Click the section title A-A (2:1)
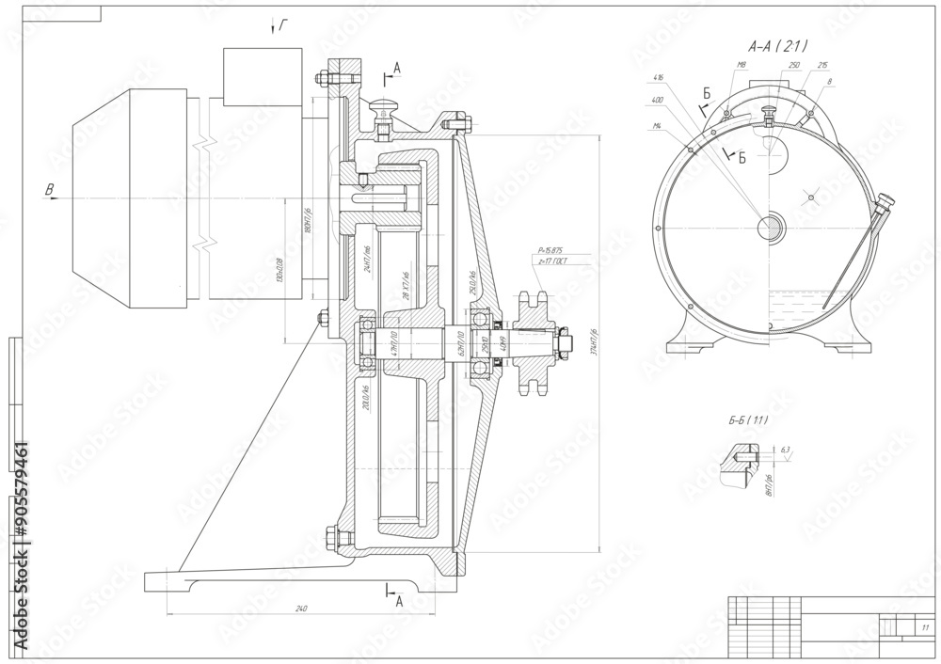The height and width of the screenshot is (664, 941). pos(778,45)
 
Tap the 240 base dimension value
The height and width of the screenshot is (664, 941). pos(301,609)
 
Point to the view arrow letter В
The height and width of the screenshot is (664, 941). pos(49,190)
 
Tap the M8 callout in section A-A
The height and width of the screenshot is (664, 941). pos(742,66)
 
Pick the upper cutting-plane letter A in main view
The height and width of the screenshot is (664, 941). pos(397,67)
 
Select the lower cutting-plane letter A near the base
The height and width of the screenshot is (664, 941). pos(399,599)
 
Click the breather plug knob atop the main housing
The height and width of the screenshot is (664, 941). pos(384,106)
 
